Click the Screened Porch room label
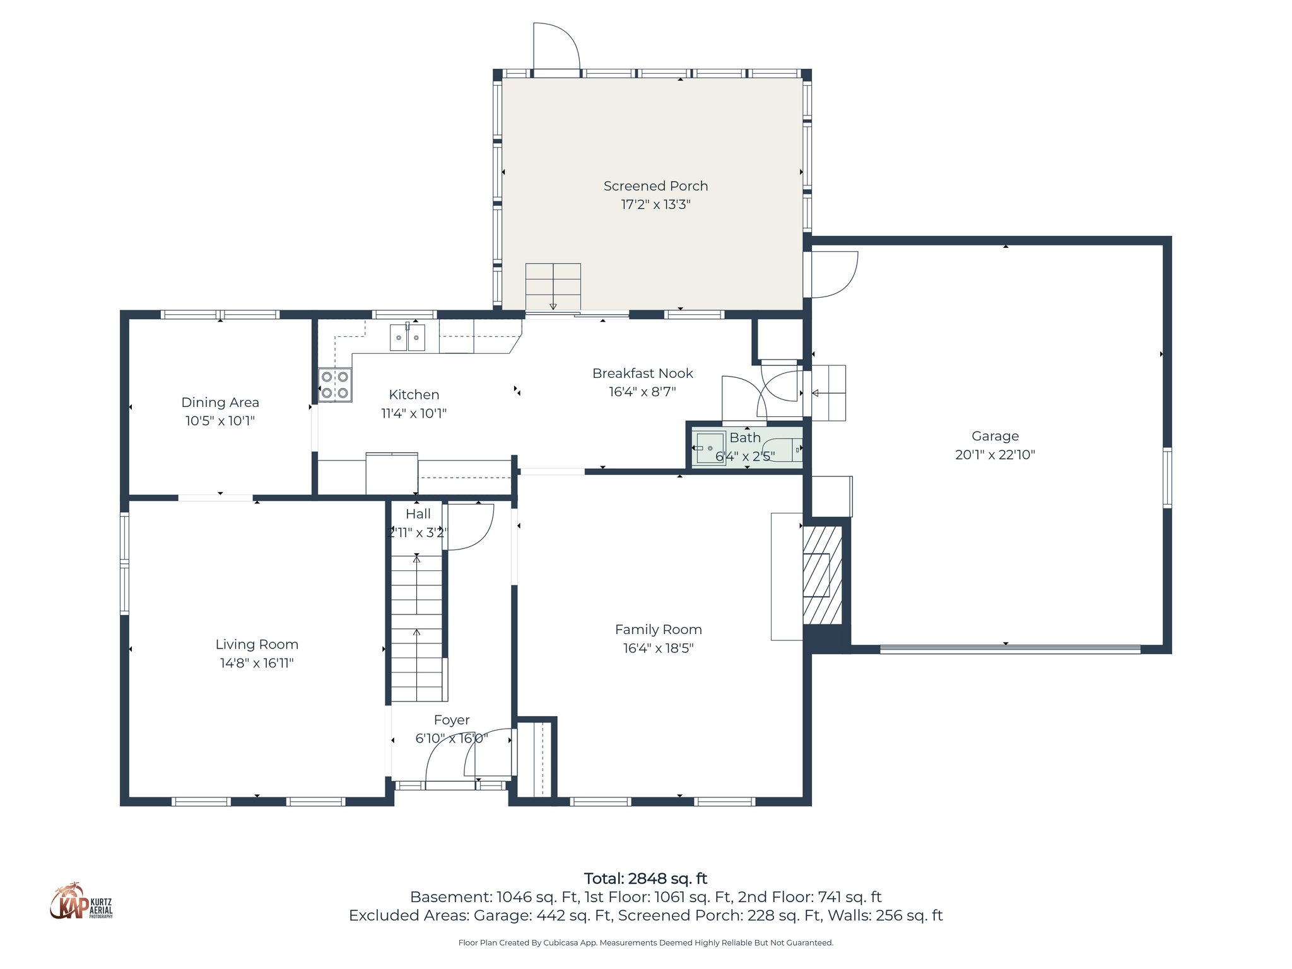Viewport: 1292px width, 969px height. (655, 186)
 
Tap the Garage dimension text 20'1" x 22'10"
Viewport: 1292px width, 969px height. (995, 455)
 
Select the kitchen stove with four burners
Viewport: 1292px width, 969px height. (335, 385)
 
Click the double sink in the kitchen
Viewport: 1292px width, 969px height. (408, 338)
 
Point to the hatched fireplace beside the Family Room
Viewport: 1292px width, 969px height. (822, 575)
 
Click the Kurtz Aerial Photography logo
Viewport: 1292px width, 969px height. (81, 902)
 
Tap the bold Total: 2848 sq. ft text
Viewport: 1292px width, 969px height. (645, 878)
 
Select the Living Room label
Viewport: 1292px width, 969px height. (257, 644)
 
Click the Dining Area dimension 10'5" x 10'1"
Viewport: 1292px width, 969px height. (220, 421)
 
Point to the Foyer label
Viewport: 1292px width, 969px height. (452, 720)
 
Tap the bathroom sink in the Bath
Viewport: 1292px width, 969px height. (710, 448)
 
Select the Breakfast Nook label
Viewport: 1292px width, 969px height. (642, 373)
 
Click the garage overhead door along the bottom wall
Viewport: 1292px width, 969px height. (1009, 649)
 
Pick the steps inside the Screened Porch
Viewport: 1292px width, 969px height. (553, 287)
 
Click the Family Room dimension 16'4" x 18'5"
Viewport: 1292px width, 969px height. (658, 648)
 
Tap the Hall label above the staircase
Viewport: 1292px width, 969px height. (418, 514)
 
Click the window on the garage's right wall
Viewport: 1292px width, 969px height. (1167, 478)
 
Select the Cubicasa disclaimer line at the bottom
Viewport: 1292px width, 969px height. (645, 943)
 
